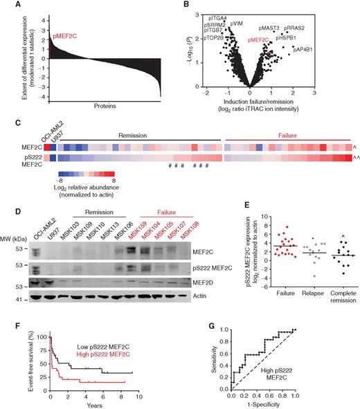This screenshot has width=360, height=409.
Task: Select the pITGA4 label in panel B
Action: click(x=217, y=9)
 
